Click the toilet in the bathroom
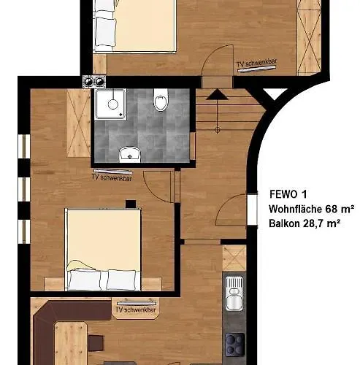pyautogui.click(x=161, y=99)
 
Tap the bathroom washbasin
pyautogui.click(x=130, y=154)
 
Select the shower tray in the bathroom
pyautogui.click(x=111, y=104)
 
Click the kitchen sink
pyautogui.click(x=234, y=293)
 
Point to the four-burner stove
pyautogui.click(x=235, y=345)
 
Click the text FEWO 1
pyautogui.click(x=288, y=194)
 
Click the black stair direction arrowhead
pyautogui.click(x=217, y=94)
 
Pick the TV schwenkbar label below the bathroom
pyautogui.click(x=112, y=177)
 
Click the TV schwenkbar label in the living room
pyautogui.click(x=136, y=310)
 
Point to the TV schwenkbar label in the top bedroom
pyautogui.click(x=257, y=63)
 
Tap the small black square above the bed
pyautogui.click(x=131, y=204)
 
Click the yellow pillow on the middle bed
pyautogui.click(x=80, y=266)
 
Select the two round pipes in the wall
pyautogui.click(x=94, y=82)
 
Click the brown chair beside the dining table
pyautogui.click(x=96, y=343)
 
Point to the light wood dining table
pyautogui.click(x=71, y=343)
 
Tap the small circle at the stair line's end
pyautogui.click(x=218, y=130)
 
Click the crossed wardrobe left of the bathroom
pyautogui.click(x=79, y=123)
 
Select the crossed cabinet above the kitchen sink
pyautogui.click(x=234, y=258)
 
